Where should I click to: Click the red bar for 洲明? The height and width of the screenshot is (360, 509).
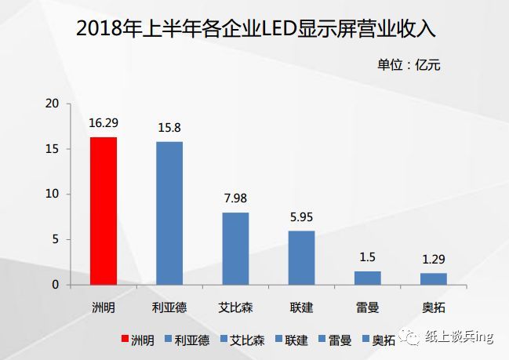click(x=104, y=211)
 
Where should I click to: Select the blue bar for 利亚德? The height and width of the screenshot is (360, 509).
click(x=169, y=213)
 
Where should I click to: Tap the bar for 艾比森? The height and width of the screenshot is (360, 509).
click(x=235, y=249)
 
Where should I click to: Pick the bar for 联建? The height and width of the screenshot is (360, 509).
click(x=301, y=258)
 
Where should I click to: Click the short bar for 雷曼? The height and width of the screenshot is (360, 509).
click(x=367, y=278)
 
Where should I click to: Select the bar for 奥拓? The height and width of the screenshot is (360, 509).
click(x=433, y=278)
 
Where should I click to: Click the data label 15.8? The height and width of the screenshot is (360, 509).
click(x=169, y=128)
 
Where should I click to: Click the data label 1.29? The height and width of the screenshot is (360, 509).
click(x=433, y=260)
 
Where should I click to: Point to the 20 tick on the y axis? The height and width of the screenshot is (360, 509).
click(x=53, y=104)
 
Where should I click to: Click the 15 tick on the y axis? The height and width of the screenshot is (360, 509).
click(x=53, y=149)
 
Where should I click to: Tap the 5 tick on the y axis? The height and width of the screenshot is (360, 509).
click(x=56, y=239)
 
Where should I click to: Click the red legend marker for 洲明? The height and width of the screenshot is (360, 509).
click(x=123, y=340)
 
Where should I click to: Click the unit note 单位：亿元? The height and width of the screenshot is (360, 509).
click(x=409, y=65)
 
